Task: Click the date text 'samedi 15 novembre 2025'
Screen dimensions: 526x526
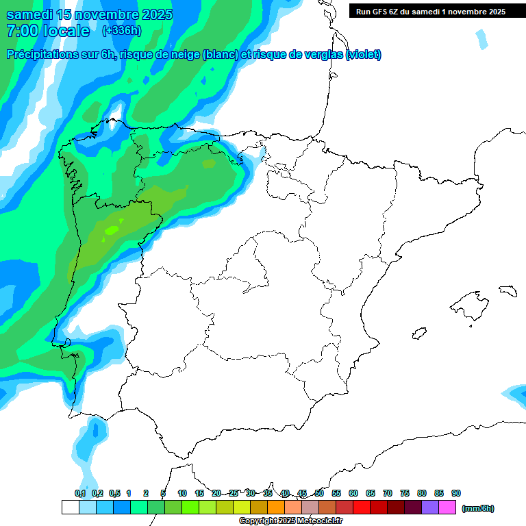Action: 89,15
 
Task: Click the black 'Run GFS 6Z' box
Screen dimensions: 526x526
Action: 430,11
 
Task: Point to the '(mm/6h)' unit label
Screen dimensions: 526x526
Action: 477,508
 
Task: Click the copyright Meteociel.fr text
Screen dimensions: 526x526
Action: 290,521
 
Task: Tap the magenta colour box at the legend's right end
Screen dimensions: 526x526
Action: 447,508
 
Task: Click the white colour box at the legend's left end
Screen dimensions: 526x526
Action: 70,508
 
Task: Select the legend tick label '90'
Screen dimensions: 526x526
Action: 456,493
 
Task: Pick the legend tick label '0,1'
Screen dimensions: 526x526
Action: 80,493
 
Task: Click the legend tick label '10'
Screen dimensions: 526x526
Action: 182,493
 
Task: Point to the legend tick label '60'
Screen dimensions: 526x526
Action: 353,493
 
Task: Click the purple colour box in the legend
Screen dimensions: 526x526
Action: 430,508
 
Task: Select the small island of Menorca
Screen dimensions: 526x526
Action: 507,290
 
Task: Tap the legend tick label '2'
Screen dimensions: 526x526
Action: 146,493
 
